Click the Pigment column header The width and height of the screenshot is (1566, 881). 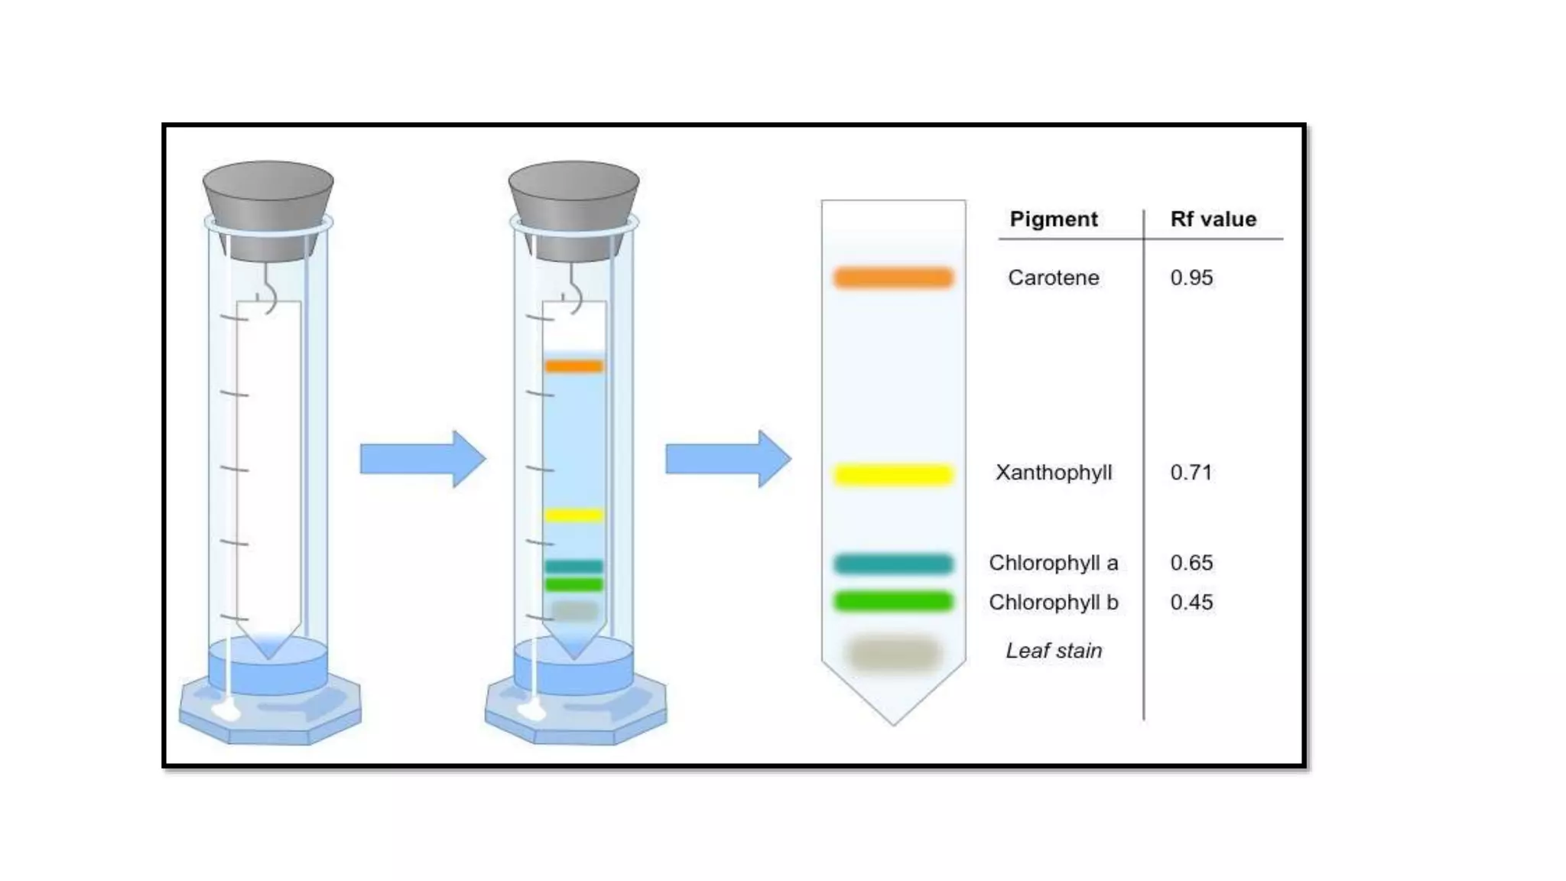(1053, 219)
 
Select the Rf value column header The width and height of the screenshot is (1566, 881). (1213, 219)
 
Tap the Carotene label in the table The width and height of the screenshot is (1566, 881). (1053, 278)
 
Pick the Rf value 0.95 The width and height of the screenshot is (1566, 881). (1191, 278)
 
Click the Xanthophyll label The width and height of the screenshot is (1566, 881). (1053, 473)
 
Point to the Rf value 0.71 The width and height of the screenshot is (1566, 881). (1191, 473)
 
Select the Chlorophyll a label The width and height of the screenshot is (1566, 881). (1053, 563)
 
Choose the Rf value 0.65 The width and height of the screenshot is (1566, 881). (1191, 563)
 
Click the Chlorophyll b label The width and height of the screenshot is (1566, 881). (1053, 603)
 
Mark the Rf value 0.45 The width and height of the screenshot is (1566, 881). (1191, 603)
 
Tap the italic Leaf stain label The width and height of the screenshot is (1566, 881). (1053, 651)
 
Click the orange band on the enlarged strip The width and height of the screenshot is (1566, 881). (893, 277)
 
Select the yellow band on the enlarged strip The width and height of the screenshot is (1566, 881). (893, 475)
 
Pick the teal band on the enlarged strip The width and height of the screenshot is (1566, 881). (893, 564)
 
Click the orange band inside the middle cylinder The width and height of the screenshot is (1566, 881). (573, 366)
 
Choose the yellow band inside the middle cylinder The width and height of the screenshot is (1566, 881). (573, 515)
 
